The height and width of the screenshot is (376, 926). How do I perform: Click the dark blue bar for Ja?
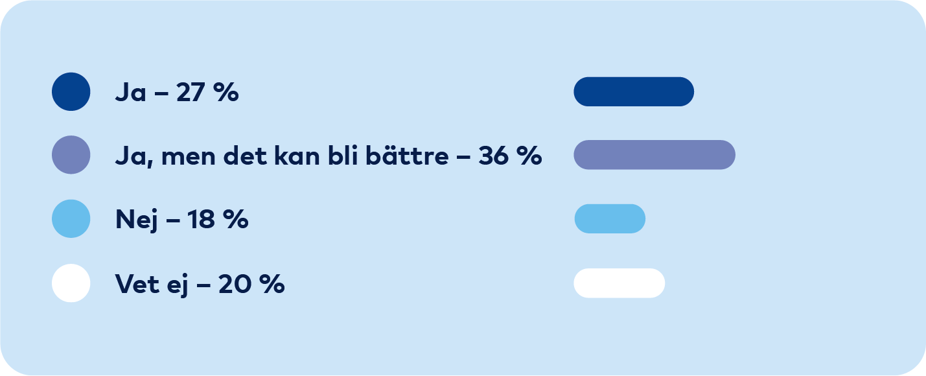(634, 91)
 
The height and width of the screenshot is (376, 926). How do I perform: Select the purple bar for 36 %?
(654, 155)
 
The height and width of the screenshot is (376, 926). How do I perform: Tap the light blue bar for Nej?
(610, 218)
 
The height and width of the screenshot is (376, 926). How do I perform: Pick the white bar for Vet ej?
(619, 283)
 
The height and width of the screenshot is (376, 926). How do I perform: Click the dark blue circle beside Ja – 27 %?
(71, 91)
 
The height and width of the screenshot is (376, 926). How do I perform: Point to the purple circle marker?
(71, 155)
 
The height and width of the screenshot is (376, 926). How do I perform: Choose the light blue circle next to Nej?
(71, 218)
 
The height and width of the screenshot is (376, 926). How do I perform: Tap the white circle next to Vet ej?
(71, 283)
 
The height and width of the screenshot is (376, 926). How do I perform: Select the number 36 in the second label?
(494, 156)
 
